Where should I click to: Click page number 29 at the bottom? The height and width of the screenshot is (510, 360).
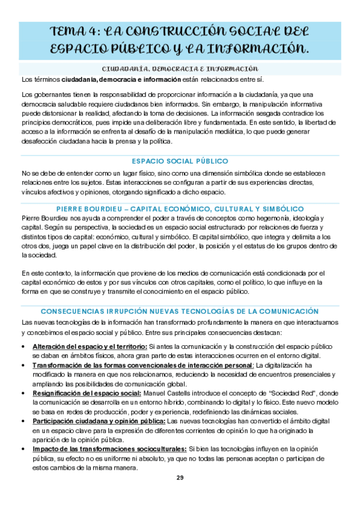tap(180, 478)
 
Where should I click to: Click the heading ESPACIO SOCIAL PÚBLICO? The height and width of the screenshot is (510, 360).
tap(180, 161)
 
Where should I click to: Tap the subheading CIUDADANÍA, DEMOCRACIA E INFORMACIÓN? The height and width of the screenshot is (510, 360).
tap(180, 69)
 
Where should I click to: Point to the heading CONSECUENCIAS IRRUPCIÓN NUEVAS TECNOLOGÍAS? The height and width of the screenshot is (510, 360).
tap(180, 311)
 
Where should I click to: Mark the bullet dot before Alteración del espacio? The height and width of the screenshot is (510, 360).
tap(23, 348)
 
